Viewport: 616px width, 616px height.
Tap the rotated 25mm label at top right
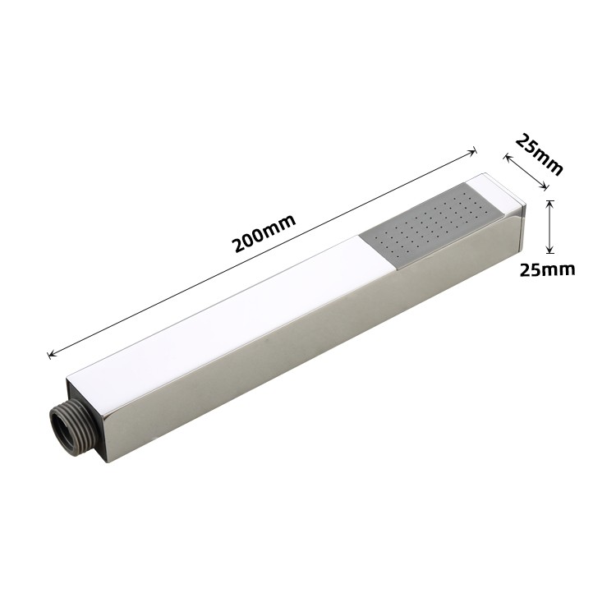click(x=540, y=154)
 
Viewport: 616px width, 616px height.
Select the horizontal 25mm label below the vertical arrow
click(x=548, y=269)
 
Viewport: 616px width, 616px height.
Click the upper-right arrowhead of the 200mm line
click(x=473, y=152)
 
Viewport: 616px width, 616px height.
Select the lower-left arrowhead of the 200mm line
click(x=51, y=354)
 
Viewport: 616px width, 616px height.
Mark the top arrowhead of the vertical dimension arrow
click(x=550, y=203)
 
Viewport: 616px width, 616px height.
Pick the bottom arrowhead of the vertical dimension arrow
click(x=550, y=250)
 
